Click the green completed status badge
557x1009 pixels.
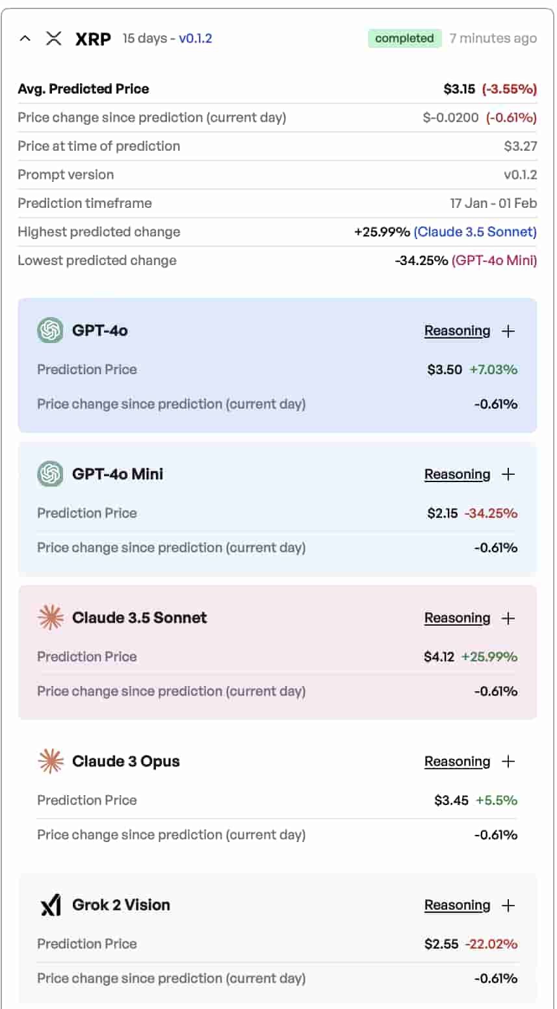click(x=404, y=38)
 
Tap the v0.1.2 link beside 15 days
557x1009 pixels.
click(x=195, y=38)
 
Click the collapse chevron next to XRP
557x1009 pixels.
click(x=25, y=38)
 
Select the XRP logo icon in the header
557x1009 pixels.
click(x=54, y=38)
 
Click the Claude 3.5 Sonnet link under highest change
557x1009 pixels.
click(x=475, y=232)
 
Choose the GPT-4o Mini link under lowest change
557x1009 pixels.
click(x=494, y=261)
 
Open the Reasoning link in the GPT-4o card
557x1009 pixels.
click(x=457, y=331)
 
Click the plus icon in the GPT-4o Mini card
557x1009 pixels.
click(x=508, y=474)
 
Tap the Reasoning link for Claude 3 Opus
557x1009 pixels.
click(x=457, y=761)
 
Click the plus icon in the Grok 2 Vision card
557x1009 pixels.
click(x=508, y=905)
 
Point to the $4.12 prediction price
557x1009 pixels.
click(x=439, y=657)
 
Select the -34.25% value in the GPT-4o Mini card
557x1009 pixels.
click(x=491, y=513)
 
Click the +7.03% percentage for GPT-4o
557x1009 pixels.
click(x=493, y=370)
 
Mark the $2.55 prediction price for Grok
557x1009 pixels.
click(x=441, y=944)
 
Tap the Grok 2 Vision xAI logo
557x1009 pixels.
click(x=51, y=905)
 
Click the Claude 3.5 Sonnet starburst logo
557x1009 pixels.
click(x=51, y=618)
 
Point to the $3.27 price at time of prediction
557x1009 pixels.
click(x=520, y=146)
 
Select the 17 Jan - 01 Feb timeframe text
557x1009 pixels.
click(x=493, y=203)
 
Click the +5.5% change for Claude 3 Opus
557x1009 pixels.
click(x=497, y=800)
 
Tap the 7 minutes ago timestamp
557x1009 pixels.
click(x=493, y=38)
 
